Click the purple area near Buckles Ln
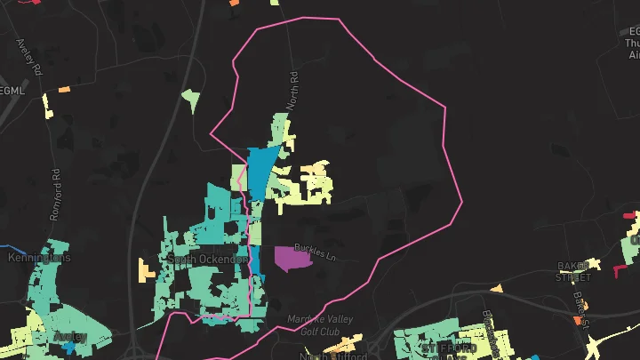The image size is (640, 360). (292, 259)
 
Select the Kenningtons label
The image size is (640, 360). (38, 258)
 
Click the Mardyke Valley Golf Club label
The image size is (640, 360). (320, 324)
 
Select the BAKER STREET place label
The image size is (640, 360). (574, 270)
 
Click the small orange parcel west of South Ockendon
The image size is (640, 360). (147, 269)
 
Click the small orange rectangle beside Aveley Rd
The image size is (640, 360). (64, 89)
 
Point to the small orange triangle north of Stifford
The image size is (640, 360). (497, 288)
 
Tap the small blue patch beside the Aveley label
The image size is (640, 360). (69, 348)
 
